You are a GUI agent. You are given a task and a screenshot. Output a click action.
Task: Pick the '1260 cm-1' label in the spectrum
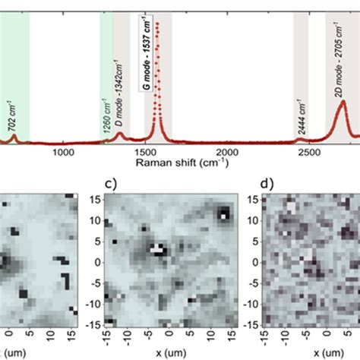pos(106,121)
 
